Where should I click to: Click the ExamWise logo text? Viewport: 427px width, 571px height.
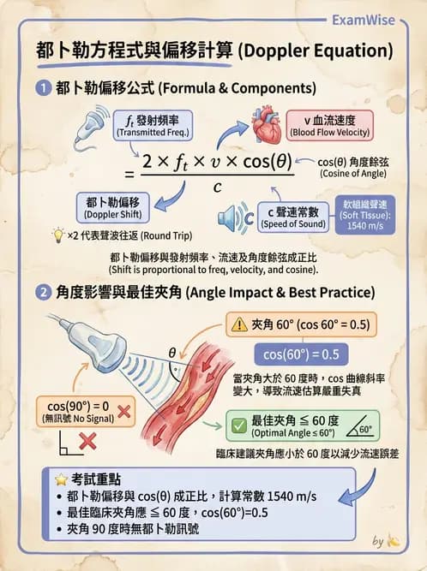364,20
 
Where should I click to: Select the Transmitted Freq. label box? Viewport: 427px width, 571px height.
153,125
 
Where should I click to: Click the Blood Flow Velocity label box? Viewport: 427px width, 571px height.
329,126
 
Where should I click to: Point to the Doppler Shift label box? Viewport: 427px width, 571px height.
112,207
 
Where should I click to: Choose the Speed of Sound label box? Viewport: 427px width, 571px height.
293,217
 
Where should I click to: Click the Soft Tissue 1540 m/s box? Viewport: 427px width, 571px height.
365,215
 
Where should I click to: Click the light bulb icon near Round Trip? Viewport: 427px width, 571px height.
58,235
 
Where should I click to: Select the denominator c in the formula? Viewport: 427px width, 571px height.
217,187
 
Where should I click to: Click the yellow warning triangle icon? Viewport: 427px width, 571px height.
239,324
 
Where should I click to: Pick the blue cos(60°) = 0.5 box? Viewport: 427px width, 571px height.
301,354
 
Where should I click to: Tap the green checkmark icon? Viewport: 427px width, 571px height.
239,425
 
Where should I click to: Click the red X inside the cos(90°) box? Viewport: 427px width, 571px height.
124,412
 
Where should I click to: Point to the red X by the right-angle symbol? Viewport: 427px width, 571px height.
87,442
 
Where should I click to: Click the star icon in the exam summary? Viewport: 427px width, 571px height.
61,479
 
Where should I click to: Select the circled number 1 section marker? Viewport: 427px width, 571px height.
44,88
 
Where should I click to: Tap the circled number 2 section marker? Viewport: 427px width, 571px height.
44,293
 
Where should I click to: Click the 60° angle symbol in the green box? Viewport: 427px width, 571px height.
359,427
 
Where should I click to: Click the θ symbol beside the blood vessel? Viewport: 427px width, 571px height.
172,353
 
